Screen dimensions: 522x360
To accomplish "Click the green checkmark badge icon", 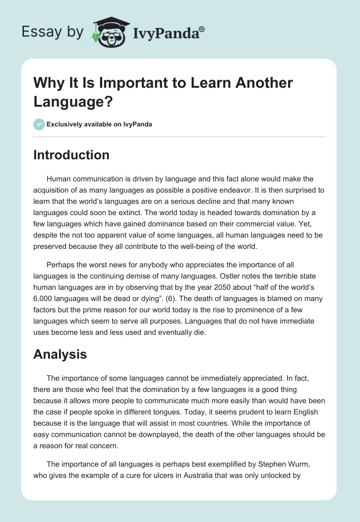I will [39, 125].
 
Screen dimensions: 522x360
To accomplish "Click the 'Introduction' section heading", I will [72, 155].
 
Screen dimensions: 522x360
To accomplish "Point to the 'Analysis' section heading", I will [60, 355].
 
